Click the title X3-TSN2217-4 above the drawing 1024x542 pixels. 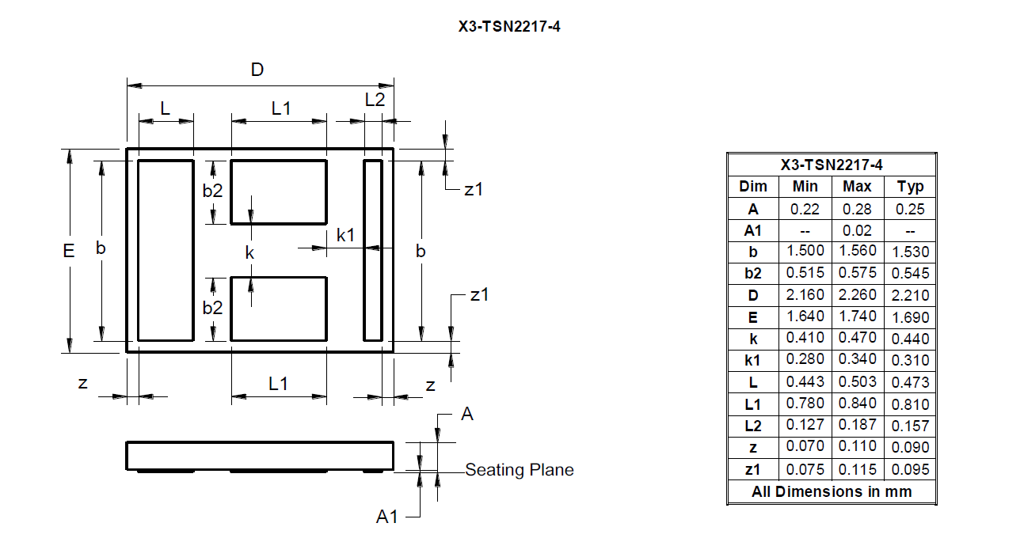click(x=509, y=26)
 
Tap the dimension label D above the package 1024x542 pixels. click(x=257, y=70)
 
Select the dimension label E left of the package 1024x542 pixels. click(x=69, y=251)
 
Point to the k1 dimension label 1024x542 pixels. click(x=345, y=235)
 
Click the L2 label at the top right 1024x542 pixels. click(x=375, y=100)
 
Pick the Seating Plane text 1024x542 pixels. click(x=520, y=470)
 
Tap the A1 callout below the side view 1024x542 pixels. click(x=386, y=517)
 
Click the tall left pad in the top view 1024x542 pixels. click(x=166, y=251)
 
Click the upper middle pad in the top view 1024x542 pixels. click(x=279, y=192)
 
